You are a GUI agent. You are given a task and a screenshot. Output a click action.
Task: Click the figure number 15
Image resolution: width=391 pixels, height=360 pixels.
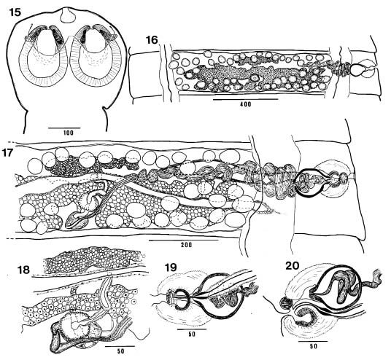click(15, 12)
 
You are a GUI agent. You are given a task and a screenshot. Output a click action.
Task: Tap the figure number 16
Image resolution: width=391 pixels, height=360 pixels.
click(152, 39)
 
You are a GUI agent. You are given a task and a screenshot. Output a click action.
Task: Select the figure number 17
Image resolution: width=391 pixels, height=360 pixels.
click(8, 153)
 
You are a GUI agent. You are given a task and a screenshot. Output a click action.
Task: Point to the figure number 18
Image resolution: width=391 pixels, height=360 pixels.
click(23, 270)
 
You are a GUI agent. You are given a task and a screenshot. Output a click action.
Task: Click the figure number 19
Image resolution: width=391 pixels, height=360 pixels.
click(171, 267)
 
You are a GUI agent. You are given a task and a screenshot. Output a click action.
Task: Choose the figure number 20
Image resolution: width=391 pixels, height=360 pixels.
click(292, 265)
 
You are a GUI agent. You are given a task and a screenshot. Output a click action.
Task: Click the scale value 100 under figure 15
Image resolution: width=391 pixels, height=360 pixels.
click(68, 133)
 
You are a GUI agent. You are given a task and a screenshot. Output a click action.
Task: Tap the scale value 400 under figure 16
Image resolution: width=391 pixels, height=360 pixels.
click(246, 104)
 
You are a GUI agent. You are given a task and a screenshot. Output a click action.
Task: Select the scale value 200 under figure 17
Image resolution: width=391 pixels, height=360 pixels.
click(187, 245)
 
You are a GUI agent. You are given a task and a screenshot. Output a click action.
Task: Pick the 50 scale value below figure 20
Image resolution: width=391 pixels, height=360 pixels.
click(314, 346)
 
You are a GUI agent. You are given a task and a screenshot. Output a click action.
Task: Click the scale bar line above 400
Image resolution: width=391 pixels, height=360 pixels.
click(246, 99)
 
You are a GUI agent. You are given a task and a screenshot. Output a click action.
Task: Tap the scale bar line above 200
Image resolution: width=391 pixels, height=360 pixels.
click(183, 240)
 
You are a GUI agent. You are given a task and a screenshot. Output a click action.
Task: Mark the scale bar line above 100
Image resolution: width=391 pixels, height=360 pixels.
click(64, 128)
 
